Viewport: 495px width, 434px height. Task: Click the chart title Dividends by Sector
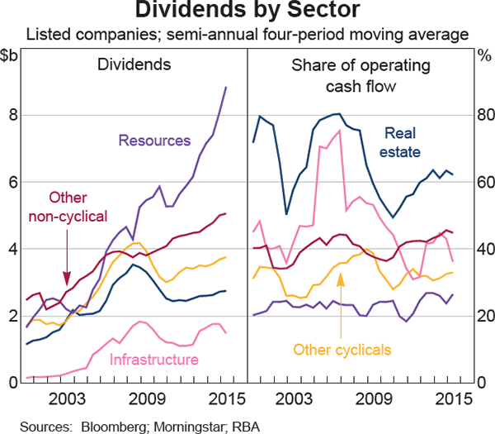click(x=247, y=12)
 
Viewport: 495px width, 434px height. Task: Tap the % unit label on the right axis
click(x=483, y=55)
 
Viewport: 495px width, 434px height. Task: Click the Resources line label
click(x=155, y=141)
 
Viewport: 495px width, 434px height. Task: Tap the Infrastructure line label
click(x=154, y=360)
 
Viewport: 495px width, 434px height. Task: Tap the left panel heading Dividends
click(x=134, y=64)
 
